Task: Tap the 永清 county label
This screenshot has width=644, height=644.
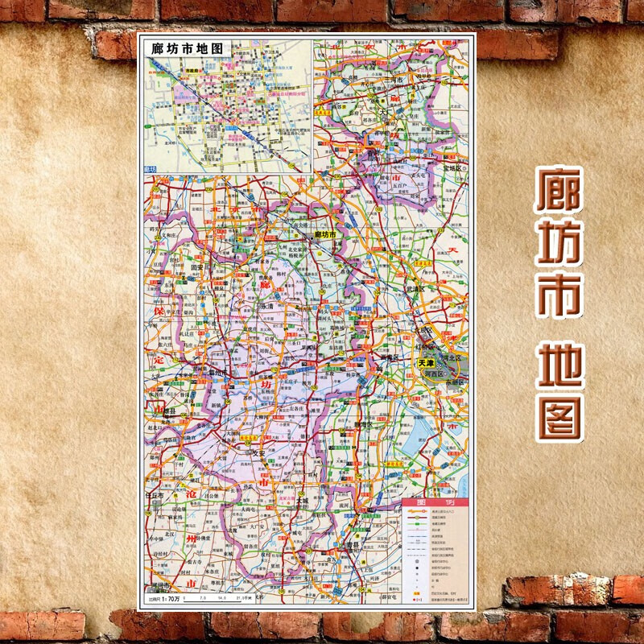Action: point(269,306)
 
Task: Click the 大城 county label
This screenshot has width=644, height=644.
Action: point(302,501)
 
